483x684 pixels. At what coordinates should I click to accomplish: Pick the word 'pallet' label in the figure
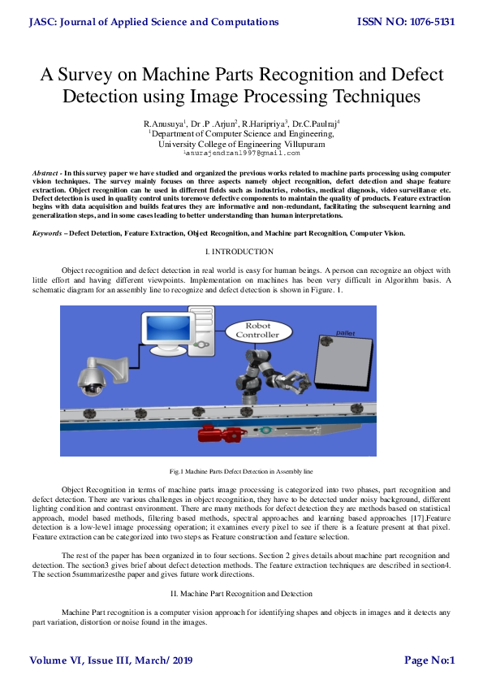(x=347, y=333)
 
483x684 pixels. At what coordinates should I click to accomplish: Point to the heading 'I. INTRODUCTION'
(x=241, y=253)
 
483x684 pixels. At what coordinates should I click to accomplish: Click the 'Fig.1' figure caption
(x=241, y=471)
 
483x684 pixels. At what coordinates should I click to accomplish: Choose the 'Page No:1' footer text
(x=429, y=660)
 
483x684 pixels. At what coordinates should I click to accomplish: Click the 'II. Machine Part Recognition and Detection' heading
(x=241, y=594)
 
